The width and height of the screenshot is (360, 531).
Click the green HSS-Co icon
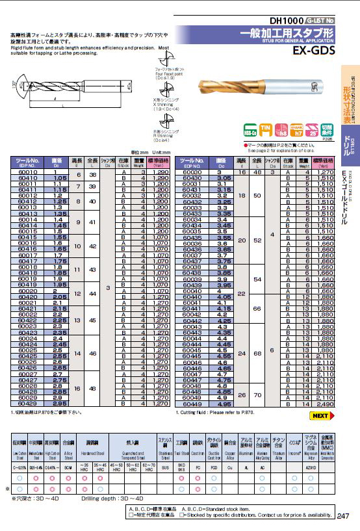(x=248, y=132)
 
